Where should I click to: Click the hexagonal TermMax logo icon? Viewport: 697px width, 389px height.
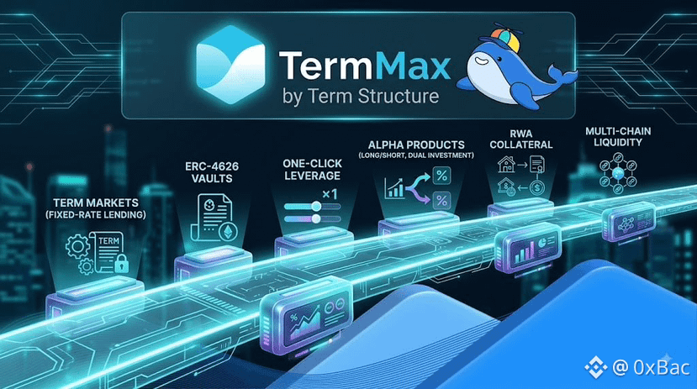230,65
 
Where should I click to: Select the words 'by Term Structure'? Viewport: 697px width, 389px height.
361,96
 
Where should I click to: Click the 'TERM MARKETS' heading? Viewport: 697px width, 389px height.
96,203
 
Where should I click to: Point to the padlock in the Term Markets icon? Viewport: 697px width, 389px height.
121,264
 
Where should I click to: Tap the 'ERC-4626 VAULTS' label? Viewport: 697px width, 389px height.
212,172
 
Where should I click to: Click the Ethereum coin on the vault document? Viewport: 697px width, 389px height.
229,231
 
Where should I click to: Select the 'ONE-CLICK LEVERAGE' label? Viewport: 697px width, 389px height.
313,170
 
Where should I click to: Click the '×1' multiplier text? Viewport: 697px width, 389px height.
330,195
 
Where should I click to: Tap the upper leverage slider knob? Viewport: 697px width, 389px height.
316,206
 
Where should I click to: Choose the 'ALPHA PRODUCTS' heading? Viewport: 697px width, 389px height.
416,145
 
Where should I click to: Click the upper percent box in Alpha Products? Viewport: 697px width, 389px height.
441,176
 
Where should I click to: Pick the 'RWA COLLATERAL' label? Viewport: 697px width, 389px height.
521,139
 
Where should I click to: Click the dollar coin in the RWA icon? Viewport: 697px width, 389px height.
537,188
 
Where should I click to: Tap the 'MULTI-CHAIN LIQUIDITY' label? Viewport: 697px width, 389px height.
618,137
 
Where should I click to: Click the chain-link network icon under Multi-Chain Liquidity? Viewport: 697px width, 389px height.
618,173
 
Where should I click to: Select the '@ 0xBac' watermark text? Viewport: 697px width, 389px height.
651,367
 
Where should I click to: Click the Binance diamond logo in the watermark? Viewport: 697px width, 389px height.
595,367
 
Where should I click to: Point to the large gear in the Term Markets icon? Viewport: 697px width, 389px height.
78,246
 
